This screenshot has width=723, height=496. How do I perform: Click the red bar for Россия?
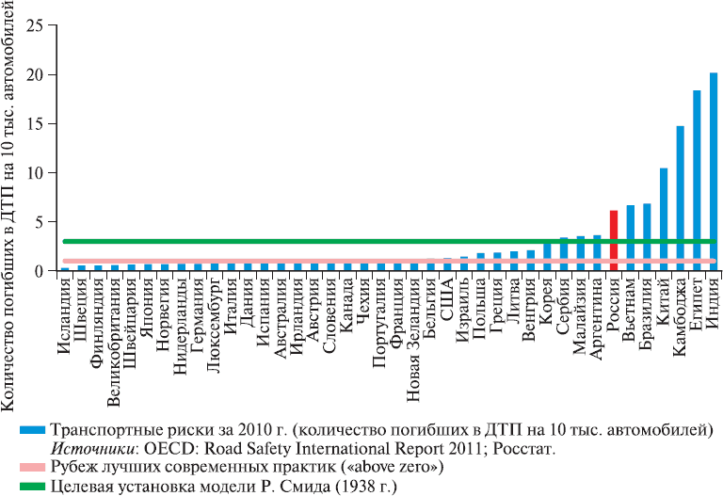click(614, 240)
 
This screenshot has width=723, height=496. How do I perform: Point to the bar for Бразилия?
click(647, 236)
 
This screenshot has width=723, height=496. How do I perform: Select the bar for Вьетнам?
click(631, 237)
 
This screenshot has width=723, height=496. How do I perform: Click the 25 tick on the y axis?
click(35, 25)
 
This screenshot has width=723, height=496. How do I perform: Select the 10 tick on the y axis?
click(35, 173)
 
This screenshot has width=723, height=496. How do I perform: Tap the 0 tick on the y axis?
click(40, 271)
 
